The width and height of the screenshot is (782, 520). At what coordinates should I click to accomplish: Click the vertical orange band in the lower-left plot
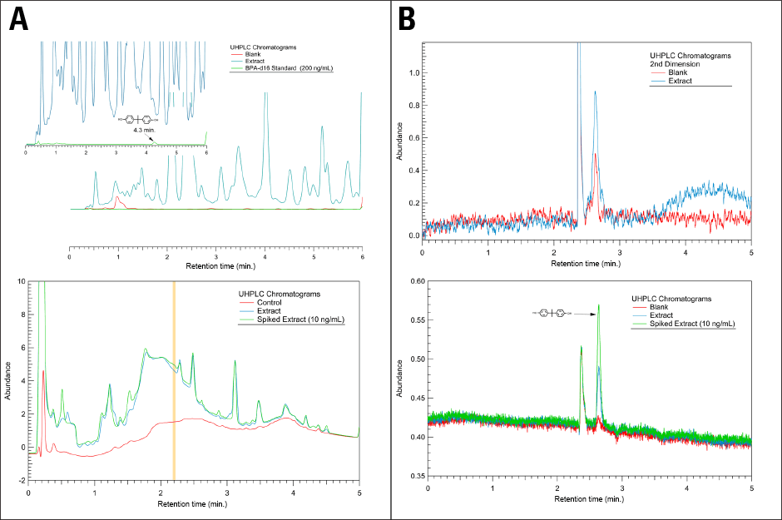pyautogui.click(x=174, y=382)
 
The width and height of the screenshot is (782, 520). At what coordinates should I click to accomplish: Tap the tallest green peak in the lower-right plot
pyautogui.click(x=598, y=305)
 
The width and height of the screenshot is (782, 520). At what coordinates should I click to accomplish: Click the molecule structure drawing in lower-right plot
pyautogui.click(x=551, y=314)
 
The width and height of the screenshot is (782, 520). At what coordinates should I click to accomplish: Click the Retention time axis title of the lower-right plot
pyautogui.click(x=589, y=500)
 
